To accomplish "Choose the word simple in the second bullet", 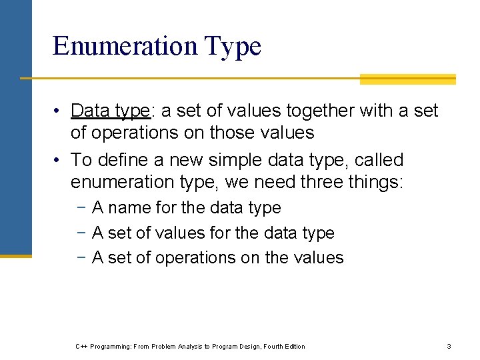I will pos(247,160).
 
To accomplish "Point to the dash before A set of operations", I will pos(80,258).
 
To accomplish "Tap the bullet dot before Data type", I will pos(59,111).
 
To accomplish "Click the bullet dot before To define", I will pos(59,161).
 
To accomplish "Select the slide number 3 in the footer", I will pos(449,346).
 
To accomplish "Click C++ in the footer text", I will pos(82,346).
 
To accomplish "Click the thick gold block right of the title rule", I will pos(407,79).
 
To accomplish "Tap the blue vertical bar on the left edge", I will pos(15,127).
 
